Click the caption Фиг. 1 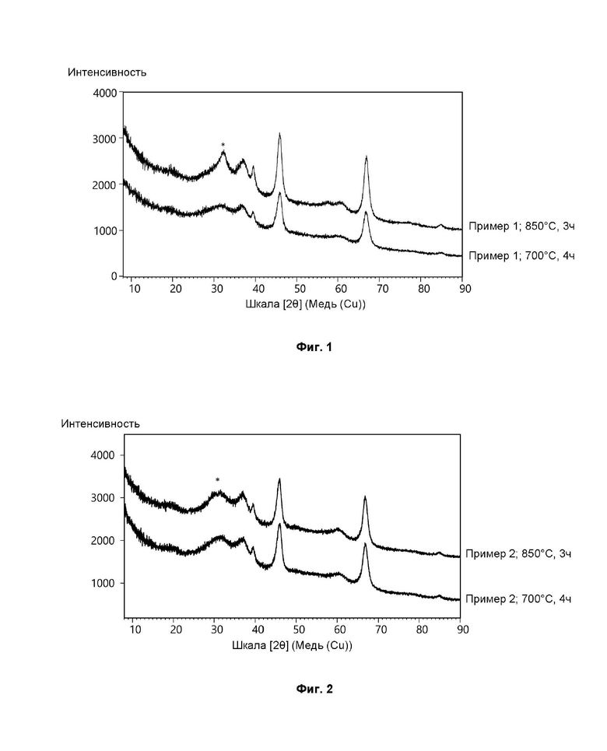(x=314, y=347)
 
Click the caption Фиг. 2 (x=314, y=689)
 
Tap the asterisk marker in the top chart (x=223, y=145)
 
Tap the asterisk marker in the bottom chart (x=218, y=479)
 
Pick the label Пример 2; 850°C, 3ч (x=518, y=553)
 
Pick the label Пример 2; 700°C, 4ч (x=518, y=598)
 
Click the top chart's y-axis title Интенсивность (x=107, y=72)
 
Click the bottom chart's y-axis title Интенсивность (x=100, y=423)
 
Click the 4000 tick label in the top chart (x=104, y=93)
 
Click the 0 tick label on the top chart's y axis (x=113, y=276)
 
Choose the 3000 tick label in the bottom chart (x=104, y=498)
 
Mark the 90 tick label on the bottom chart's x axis (x=459, y=631)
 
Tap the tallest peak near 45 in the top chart (x=279, y=135)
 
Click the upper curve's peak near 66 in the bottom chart (x=364, y=497)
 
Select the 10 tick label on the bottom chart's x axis (x=134, y=631)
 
